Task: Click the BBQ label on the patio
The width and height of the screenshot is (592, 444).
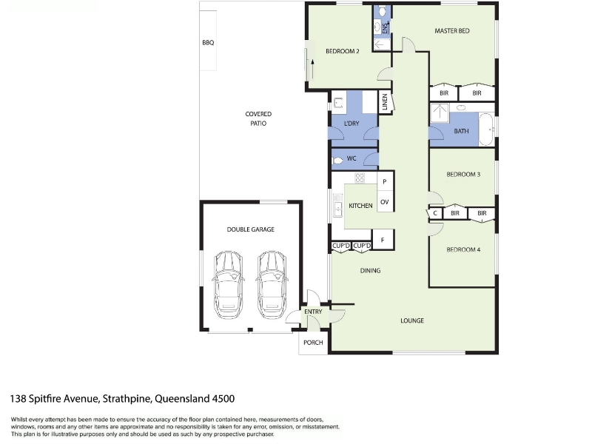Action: point(208,43)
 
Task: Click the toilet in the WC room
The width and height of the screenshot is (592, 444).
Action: point(337,161)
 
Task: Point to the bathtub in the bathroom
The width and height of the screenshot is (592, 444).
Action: point(487,129)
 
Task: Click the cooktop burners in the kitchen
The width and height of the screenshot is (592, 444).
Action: point(360,178)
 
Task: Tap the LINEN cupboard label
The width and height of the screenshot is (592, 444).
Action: point(385,102)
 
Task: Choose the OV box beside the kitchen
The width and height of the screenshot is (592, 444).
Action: point(385,202)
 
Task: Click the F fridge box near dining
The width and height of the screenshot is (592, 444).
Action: point(383,240)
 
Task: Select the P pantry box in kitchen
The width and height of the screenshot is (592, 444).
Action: point(385,182)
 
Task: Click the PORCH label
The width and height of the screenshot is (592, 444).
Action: point(313,343)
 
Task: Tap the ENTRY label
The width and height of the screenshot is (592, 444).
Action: point(313,312)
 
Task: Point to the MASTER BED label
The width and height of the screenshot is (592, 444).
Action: point(452,31)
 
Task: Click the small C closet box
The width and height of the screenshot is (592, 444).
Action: point(435,213)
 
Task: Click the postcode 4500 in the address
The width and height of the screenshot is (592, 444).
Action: point(223,399)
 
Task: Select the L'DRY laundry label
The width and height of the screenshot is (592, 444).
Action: point(351,124)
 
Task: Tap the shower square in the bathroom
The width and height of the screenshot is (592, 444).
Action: point(440,113)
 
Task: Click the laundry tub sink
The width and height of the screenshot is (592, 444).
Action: point(338,103)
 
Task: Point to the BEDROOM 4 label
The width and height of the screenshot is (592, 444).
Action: point(463,249)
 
